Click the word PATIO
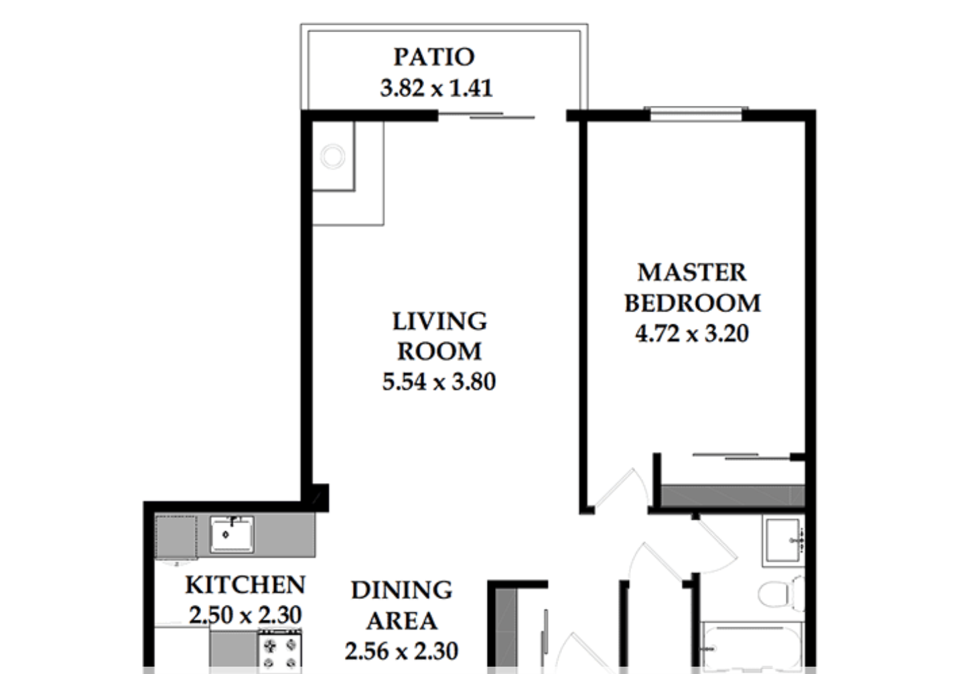[x=434, y=57]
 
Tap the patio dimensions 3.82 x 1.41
[x=436, y=88]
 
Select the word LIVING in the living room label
[x=439, y=321]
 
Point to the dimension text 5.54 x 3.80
[x=439, y=382]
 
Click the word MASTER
[x=692, y=273]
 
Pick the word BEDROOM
[x=692, y=303]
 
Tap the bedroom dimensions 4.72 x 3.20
[x=692, y=334]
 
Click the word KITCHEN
[x=245, y=584]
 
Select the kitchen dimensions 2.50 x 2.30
[x=245, y=615]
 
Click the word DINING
[x=402, y=590]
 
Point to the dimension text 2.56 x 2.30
[x=401, y=651]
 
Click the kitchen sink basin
[x=232, y=535]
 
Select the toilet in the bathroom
[x=781, y=594]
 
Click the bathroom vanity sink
[x=784, y=541]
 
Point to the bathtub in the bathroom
[x=752, y=647]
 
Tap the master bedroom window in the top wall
[x=696, y=114]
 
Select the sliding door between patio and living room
[x=486, y=115]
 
